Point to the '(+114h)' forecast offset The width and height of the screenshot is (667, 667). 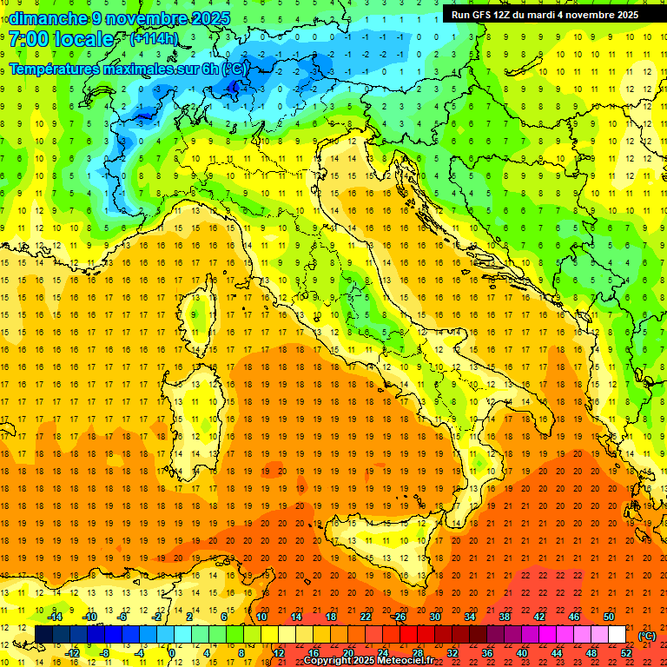(x=154, y=39)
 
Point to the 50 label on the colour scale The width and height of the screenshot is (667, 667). (x=608, y=617)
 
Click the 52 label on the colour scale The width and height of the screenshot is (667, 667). (x=625, y=652)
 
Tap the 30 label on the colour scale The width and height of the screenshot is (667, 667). (x=435, y=617)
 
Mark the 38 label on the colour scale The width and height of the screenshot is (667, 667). (x=505, y=617)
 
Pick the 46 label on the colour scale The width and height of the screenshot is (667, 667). (x=573, y=617)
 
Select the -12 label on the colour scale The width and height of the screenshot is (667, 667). (x=73, y=652)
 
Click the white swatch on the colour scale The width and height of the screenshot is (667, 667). (x=617, y=634)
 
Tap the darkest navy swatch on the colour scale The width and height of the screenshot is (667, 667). (x=43, y=634)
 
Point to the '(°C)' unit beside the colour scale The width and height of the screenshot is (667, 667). (x=646, y=636)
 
